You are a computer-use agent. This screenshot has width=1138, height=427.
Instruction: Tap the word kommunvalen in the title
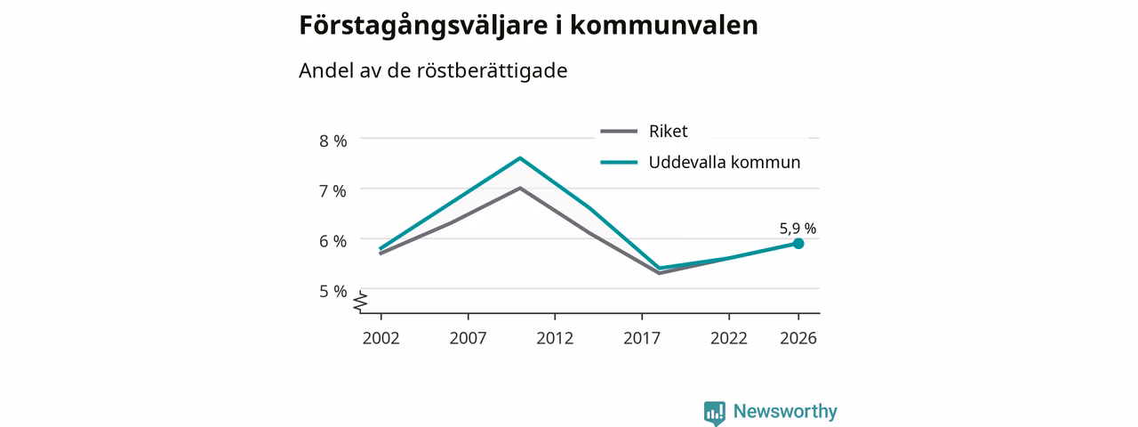[664, 25]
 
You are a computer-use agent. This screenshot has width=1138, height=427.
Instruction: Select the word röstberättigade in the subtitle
[492, 70]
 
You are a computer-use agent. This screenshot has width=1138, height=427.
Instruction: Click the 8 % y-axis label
[333, 141]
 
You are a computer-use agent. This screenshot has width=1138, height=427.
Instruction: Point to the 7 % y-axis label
[333, 191]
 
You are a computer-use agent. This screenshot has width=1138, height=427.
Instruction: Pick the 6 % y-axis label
[333, 241]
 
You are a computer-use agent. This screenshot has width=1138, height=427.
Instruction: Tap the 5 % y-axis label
[333, 291]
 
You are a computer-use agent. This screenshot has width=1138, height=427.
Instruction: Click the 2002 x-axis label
[381, 338]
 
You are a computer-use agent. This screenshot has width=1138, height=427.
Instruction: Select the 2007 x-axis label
[468, 338]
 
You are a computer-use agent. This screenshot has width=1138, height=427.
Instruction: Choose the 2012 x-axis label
[555, 338]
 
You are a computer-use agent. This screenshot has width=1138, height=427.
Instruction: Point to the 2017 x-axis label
[642, 338]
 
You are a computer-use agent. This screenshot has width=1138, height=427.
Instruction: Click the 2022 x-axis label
[728, 338]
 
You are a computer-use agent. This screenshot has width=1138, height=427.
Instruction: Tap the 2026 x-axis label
[798, 338]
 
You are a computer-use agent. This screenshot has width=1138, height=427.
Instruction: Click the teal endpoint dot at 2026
[798, 244]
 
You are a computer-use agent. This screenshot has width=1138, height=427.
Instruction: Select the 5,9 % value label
[797, 229]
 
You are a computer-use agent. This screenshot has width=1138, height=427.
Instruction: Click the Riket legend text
[668, 131]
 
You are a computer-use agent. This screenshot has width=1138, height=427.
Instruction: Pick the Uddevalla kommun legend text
[725, 162]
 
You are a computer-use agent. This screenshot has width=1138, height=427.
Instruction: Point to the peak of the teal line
[520, 158]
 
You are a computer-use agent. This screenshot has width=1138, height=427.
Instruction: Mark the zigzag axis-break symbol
[360, 302]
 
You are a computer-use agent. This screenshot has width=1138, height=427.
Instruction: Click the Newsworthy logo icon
[715, 413]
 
